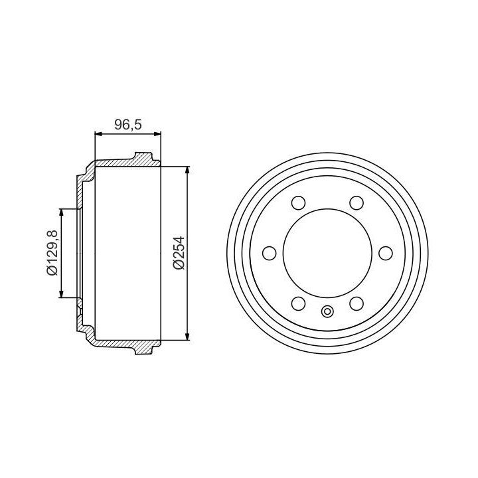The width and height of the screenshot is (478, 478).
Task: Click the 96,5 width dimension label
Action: coord(128,125)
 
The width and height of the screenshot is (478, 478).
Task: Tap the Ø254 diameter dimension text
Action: coord(179,253)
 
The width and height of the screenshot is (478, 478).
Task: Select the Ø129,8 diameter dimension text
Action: coord(52,253)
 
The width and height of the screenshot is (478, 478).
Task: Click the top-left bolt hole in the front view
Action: coord(298,202)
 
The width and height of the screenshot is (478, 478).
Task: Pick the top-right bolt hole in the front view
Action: coord(357,202)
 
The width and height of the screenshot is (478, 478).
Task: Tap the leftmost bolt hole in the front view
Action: coord(269,253)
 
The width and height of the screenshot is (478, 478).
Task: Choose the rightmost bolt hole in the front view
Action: coord(385,253)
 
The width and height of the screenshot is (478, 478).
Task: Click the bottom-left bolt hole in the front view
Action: coord(298,303)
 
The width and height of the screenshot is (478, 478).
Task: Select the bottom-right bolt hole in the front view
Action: coord(357,303)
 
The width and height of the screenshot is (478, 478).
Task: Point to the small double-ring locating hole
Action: coord(327,311)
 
